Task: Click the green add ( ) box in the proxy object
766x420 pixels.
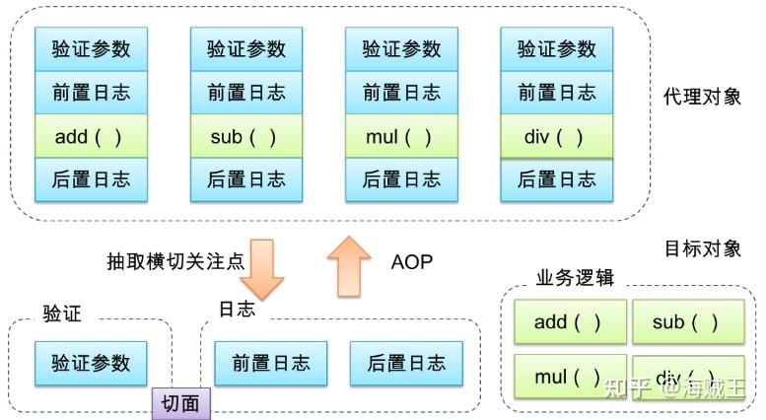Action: coord(92,136)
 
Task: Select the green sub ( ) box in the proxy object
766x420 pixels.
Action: coord(246,136)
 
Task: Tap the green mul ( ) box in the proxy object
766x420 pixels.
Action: coord(401,136)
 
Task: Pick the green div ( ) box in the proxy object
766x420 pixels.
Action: coord(557,136)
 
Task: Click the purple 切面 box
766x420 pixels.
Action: coord(181,404)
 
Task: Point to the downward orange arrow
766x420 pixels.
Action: coord(262,268)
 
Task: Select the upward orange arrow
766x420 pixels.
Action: coord(349,266)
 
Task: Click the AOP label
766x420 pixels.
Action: coord(412,262)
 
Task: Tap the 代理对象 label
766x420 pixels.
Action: coord(702,97)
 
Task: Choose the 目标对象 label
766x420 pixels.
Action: coord(703,248)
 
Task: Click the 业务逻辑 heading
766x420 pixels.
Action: coord(575,277)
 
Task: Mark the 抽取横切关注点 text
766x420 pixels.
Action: coord(175,261)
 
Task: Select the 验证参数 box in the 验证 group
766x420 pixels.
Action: coord(91,364)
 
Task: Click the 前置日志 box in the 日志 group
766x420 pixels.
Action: coord(271,364)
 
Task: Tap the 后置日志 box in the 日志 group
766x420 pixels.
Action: coord(406,364)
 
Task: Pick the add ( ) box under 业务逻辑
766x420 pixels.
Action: coord(570,321)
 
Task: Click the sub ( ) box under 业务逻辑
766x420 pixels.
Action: coord(688,321)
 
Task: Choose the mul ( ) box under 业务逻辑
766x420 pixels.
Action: coord(570,377)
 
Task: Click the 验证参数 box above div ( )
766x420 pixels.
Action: coord(557,49)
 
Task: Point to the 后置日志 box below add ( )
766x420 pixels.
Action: coord(92,179)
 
